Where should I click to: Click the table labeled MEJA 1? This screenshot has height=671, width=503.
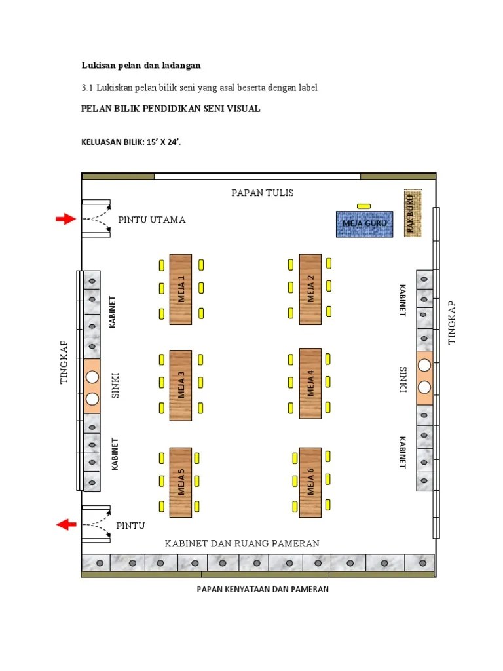click(x=181, y=289)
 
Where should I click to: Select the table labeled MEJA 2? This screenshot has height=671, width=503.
click(x=310, y=289)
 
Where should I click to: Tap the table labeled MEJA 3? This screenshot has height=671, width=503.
click(x=181, y=384)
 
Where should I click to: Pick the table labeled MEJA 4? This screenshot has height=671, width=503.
click(x=310, y=383)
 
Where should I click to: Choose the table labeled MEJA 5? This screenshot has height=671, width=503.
click(x=181, y=482)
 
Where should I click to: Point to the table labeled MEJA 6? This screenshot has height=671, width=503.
click(x=310, y=482)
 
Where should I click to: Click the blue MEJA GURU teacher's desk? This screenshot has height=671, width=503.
click(x=364, y=223)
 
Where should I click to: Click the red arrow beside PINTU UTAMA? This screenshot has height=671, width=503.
click(x=65, y=220)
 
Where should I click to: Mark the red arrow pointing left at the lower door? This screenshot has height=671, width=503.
click(x=65, y=524)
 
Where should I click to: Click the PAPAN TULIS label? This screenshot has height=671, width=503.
click(x=263, y=193)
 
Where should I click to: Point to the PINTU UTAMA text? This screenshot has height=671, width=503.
click(x=152, y=220)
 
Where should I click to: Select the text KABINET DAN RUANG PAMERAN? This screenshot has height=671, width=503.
click(x=242, y=543)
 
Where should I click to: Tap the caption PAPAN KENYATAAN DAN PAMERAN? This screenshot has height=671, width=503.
click(x=263, y=589)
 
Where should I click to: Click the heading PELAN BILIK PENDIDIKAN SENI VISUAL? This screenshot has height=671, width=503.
click(x=170, y=109)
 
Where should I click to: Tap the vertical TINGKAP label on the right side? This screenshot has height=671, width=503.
click(x=451, y=322)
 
